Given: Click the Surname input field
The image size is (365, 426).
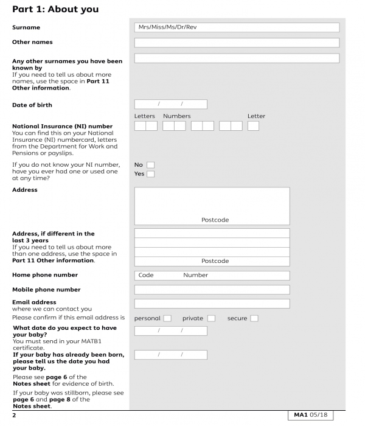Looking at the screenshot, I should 236,27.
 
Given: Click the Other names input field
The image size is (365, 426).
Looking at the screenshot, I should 236,43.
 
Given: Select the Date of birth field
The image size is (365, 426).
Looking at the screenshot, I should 170,105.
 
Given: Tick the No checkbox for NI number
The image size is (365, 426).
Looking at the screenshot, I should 150,164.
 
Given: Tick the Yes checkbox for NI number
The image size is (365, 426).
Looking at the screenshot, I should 150,174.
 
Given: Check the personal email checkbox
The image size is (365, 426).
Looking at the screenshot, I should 167,318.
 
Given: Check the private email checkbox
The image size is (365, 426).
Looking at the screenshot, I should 211,318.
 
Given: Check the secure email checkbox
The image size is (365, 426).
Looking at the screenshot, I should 254,318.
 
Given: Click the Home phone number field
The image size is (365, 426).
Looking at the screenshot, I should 212,275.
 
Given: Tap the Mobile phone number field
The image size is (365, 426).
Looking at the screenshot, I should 212,290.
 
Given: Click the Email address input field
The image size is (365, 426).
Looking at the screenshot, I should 212,304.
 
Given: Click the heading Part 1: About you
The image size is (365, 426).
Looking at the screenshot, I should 55,10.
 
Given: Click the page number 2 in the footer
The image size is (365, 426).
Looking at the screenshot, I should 14,416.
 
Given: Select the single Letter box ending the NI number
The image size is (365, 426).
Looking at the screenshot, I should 253,126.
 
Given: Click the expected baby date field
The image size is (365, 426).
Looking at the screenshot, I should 170,331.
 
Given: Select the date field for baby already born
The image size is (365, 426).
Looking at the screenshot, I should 170,355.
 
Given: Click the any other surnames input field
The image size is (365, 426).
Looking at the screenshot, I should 236,58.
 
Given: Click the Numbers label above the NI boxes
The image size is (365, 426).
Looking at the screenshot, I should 176,116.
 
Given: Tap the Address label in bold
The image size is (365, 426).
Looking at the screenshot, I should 25,190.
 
